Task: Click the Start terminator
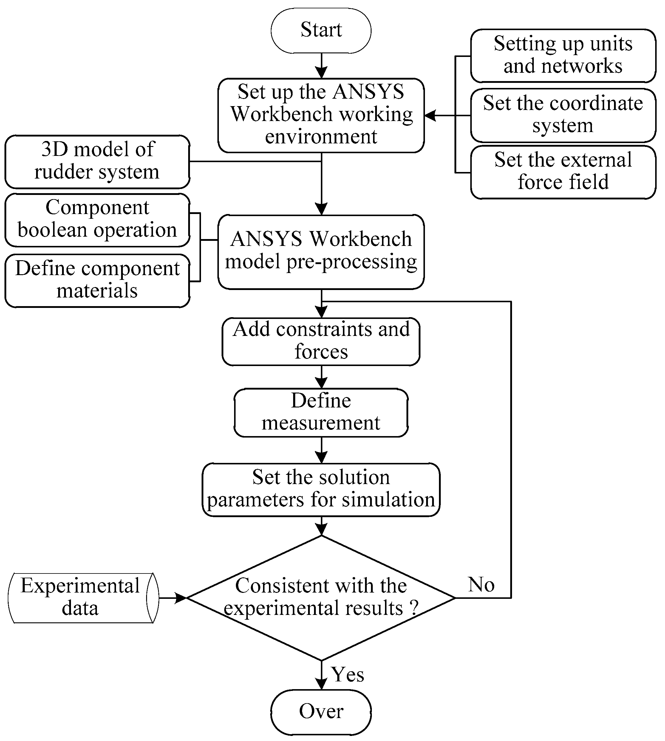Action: tap(321, 31)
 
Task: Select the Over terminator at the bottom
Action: tap(321, 712)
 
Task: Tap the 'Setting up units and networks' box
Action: tap(563, 55)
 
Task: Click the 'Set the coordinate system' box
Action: tap(563, 115)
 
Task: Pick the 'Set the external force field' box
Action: tap(563, 172)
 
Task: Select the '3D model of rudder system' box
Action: tap(97, 162)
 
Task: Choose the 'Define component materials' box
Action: tap(97, 280)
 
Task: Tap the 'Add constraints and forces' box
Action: tap(321, 341)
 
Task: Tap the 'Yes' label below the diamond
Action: tap(347, 674)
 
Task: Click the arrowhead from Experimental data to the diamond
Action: tap(181, 598)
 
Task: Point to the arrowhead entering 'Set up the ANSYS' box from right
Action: tap(430, 115)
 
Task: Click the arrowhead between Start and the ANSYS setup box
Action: tap(321, 73)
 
